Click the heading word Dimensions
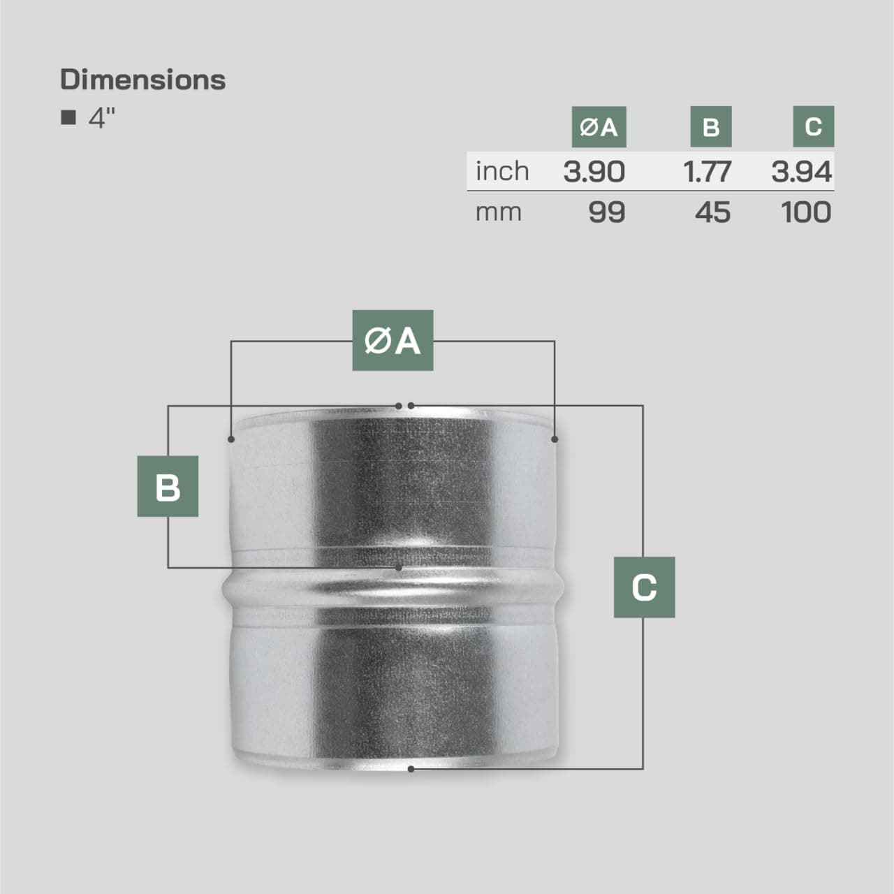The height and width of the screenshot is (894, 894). tap(142, 80)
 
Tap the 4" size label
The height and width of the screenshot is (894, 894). tap(101, 117)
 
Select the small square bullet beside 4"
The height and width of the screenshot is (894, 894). tap(68, 117)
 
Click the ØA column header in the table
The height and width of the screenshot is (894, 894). tap(599, 127)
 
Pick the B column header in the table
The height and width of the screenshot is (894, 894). tap(710, 127)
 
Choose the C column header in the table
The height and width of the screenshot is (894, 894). tap(813, 126)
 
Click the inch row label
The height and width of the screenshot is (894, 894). tap(501, 171)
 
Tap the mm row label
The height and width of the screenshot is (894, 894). tap(498, 212)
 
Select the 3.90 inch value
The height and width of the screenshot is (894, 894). tap(594, 171)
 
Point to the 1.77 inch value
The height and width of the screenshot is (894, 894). tap(707, 171)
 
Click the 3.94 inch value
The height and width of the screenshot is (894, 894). tap(801, 171)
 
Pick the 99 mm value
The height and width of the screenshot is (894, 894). tap(606, 212)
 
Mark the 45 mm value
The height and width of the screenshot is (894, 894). tap(712, 212)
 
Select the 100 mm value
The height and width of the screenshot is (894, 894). tap(806, 212)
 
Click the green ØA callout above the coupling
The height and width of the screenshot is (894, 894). tap(393, 340)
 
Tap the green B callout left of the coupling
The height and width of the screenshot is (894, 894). tap(168, 486)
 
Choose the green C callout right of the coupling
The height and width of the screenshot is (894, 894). tap(644, 587)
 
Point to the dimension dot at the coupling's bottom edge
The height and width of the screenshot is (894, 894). tap(411, 769)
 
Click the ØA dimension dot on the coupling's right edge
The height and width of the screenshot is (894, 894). tap(555, 439)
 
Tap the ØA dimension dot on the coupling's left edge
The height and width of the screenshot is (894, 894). tap(231, 439)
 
